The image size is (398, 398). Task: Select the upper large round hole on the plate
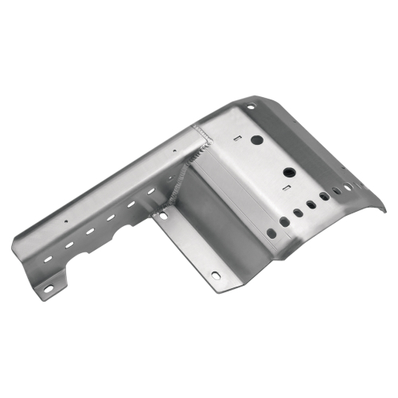[x=257, y=139]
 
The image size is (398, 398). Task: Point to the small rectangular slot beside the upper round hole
[x=238, y=138]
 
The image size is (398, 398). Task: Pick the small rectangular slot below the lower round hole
[x=284, y=188]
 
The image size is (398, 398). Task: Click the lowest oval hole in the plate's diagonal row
[x=271, y=232]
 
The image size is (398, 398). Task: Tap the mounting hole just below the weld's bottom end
[x=163, y=216]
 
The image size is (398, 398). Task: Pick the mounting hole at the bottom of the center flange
[x=215, y=275]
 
